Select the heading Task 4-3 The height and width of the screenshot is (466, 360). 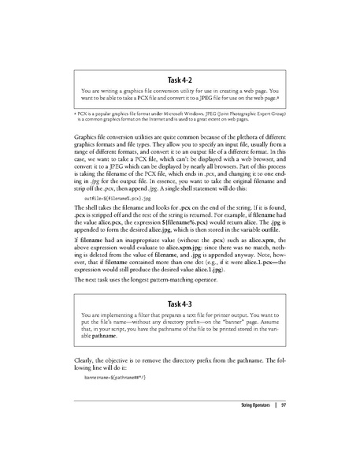(x=180, y=281)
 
